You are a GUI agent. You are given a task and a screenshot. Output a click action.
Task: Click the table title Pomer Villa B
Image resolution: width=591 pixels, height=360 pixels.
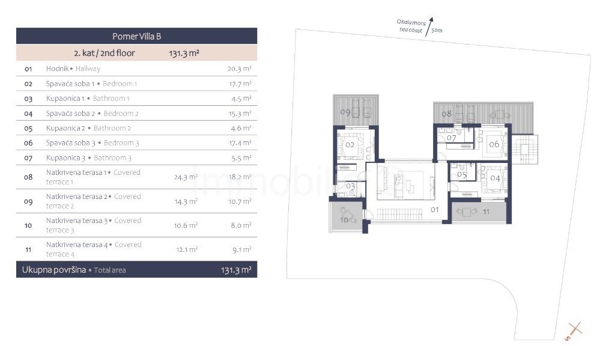point(136,36)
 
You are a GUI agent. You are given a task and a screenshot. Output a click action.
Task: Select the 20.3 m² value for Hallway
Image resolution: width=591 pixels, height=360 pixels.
point(239,69)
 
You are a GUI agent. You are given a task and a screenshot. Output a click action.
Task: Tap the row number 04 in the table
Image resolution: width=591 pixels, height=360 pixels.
point(28,114)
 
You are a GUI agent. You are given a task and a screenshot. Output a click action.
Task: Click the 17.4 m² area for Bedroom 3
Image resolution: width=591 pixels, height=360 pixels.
point(240,143)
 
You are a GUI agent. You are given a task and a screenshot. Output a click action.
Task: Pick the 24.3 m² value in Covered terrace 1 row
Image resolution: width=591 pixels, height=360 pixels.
point(186,177)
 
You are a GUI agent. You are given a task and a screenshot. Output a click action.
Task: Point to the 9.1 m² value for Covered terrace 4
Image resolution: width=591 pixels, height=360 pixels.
point(241,249)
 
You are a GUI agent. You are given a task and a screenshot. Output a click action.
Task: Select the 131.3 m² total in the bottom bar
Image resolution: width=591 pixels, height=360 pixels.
point(236,270)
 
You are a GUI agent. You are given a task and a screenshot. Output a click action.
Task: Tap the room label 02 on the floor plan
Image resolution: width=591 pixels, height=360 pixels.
point(350,145)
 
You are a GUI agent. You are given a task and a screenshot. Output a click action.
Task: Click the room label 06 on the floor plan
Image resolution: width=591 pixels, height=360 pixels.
point(494,144)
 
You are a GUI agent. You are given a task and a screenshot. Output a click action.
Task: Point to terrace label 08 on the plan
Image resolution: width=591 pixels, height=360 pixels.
point(447,114)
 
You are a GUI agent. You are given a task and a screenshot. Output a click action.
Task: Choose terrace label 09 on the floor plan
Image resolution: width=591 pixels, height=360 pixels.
point(345,112)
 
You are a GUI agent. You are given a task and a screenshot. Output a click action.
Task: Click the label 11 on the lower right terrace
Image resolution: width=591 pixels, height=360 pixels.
point(486,212)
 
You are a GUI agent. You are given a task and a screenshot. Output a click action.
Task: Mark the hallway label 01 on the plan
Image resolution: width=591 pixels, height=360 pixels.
point(435,210)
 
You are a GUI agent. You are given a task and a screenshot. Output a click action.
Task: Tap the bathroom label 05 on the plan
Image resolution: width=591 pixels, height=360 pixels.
point(462,174)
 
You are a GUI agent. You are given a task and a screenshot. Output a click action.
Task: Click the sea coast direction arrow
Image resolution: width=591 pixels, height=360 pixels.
point(429,26)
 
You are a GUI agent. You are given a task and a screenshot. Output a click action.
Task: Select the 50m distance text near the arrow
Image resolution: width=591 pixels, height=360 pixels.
point(437,30)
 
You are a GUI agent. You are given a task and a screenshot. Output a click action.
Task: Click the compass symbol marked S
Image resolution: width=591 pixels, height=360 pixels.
point(574,331)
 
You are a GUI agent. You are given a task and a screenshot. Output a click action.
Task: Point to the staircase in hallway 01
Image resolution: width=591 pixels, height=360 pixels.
point(399,215)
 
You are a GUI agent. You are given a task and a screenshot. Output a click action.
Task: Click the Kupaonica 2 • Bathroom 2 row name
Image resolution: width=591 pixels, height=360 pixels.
point(88,128)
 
